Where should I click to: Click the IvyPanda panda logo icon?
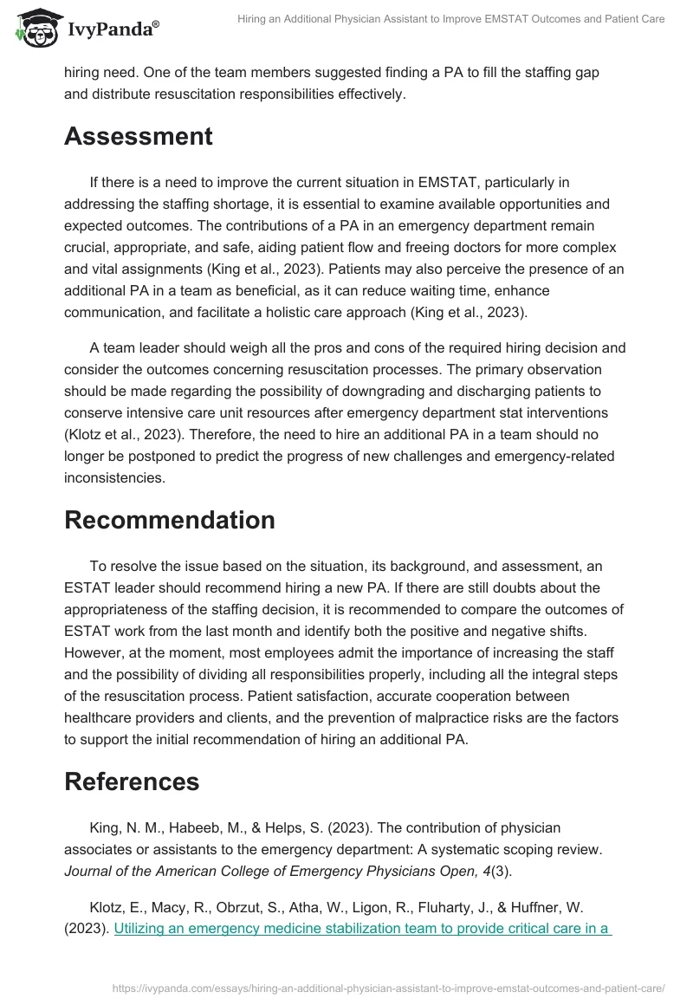click(36, 27)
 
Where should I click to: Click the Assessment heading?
click(138, 136)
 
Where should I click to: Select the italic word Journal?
click(89, 871)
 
